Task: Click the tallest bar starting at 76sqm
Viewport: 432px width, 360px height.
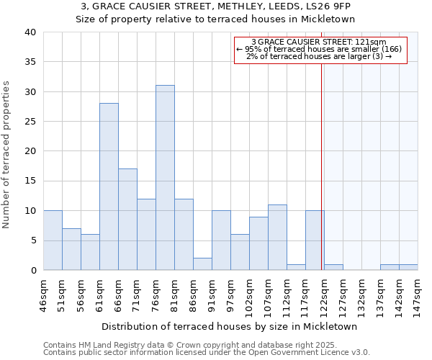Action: coord(165,178)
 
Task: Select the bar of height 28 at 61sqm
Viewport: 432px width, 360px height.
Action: coord(109,186)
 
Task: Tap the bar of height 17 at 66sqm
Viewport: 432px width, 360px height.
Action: coord(127,220)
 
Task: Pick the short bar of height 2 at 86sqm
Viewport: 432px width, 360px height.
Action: coord(202,264)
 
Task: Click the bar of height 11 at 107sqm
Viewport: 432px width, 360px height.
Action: coord(277,238)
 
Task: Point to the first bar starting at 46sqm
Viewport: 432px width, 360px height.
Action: coord(53,240)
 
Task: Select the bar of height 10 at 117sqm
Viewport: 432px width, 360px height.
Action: coord(315,240)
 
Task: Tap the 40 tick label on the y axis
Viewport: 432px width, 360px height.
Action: coord(30,32)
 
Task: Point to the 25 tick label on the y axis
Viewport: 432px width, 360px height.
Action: coord(30,122)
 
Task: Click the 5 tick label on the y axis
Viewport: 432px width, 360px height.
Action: coord(33,240)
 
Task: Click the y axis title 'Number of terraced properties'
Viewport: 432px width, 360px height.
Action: coord(7,155)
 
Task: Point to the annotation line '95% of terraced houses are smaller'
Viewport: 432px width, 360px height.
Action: coord(321,49)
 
